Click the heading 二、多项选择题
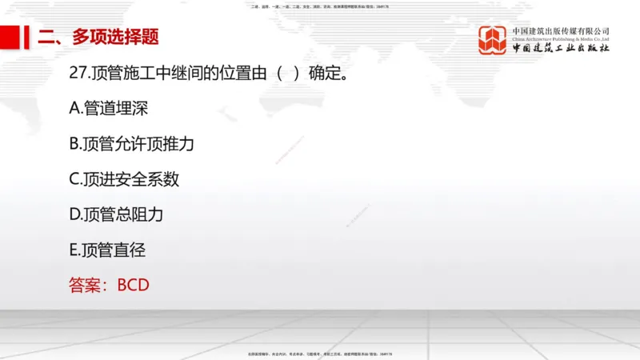point(98,37)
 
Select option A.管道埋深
point(109,108)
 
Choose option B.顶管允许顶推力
point(132,144)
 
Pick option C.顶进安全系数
point(124,179)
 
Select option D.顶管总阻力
point(117,214)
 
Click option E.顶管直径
point(108,250)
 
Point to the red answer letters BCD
point(134,285)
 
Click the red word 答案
point(86,285)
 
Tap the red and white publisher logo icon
point(492,40)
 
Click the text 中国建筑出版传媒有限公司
point(561,30)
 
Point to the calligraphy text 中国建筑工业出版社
point(561,49)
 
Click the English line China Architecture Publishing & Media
point(561,38)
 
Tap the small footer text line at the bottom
point(320,354)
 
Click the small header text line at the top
point(320,6)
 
